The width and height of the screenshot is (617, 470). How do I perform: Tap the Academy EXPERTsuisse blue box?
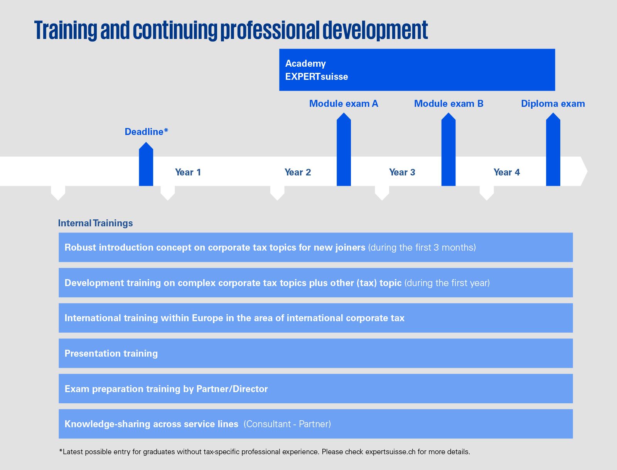(417, 70)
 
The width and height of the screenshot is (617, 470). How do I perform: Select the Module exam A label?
(344, 104)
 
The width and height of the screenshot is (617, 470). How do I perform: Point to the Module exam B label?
(448, 104)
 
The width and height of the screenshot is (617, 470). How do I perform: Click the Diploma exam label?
(553, 104)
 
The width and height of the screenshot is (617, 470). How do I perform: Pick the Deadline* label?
(146, 132)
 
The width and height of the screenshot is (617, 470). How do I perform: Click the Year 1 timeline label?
(188, 172)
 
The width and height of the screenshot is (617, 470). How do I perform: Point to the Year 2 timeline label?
(298, 172)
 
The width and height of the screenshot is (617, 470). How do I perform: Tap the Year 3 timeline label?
(402, 172)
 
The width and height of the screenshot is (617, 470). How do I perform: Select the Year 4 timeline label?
(507, 172)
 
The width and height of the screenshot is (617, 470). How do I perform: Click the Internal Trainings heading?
(95, 223)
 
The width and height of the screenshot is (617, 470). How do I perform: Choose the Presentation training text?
(111, 354)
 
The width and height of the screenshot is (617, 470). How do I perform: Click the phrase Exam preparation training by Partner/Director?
(166, 389)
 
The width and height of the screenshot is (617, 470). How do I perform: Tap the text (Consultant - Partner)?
(287, 424)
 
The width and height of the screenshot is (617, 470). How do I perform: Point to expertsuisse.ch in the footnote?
(390, 452)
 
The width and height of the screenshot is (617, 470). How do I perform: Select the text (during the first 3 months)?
(422, 248)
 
